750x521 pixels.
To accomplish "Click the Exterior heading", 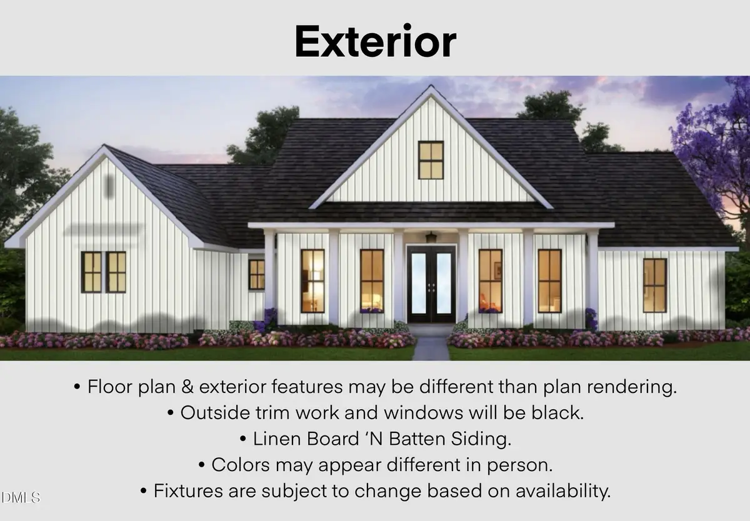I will point(375,42).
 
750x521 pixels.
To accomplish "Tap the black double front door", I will point(431,284).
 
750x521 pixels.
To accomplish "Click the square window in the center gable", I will point(431,160).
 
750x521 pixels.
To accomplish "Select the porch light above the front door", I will point(431,237).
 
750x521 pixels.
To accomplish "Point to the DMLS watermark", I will point(21,498).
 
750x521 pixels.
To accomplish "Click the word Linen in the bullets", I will point(279,439).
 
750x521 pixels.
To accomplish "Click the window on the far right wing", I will point(654,285).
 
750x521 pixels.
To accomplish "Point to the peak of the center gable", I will point(431,87).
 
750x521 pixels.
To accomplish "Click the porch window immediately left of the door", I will point(372,280).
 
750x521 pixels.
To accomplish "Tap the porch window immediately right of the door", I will point(491,280).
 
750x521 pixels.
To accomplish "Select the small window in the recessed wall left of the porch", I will point(256,274).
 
